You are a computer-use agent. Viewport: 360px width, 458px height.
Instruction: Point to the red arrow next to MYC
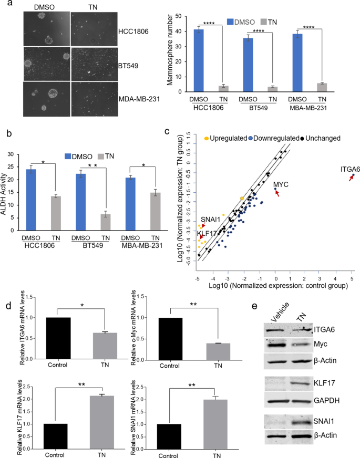point(278,194)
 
